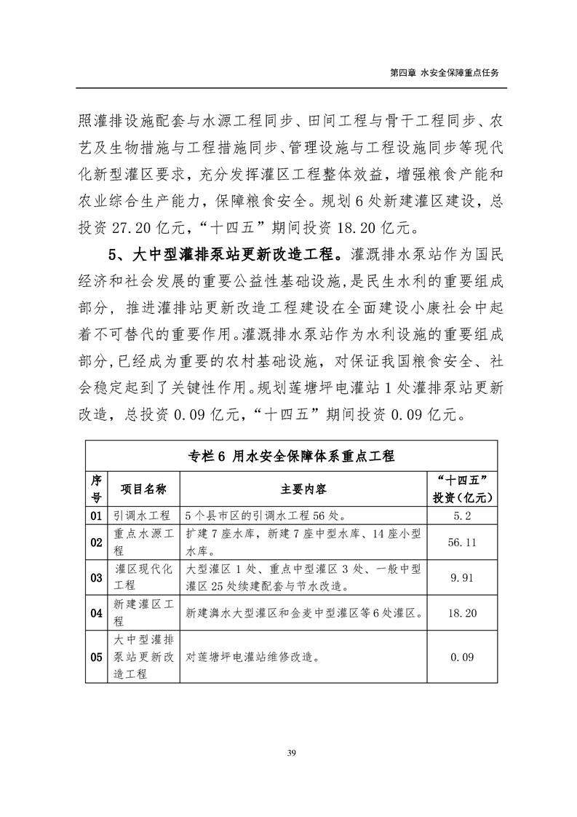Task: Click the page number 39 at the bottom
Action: (289, 752)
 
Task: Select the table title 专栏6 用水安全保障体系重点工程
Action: (291, 456)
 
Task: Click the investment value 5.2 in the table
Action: (462, 516)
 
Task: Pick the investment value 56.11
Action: (462, 542)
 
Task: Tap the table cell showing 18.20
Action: (462, 613)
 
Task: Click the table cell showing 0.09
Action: (462, 657)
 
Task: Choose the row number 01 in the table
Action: (96, 516)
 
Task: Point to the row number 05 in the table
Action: (96, 657)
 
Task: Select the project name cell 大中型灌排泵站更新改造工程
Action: (144, 657)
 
